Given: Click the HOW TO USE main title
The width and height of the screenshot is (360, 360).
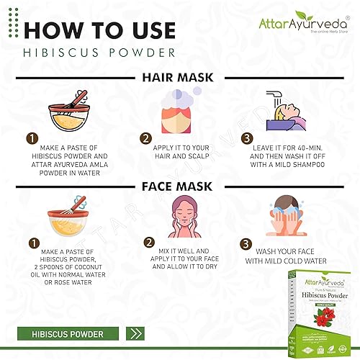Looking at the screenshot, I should [99, 30].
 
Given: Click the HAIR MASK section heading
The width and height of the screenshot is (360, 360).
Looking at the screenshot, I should [179, 77].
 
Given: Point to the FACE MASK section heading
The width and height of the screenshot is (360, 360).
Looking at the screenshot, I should [179, 185].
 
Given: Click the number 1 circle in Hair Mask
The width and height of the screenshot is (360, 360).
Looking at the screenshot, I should [32, 137].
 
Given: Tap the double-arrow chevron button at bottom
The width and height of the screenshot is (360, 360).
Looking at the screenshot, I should [135, 333].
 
